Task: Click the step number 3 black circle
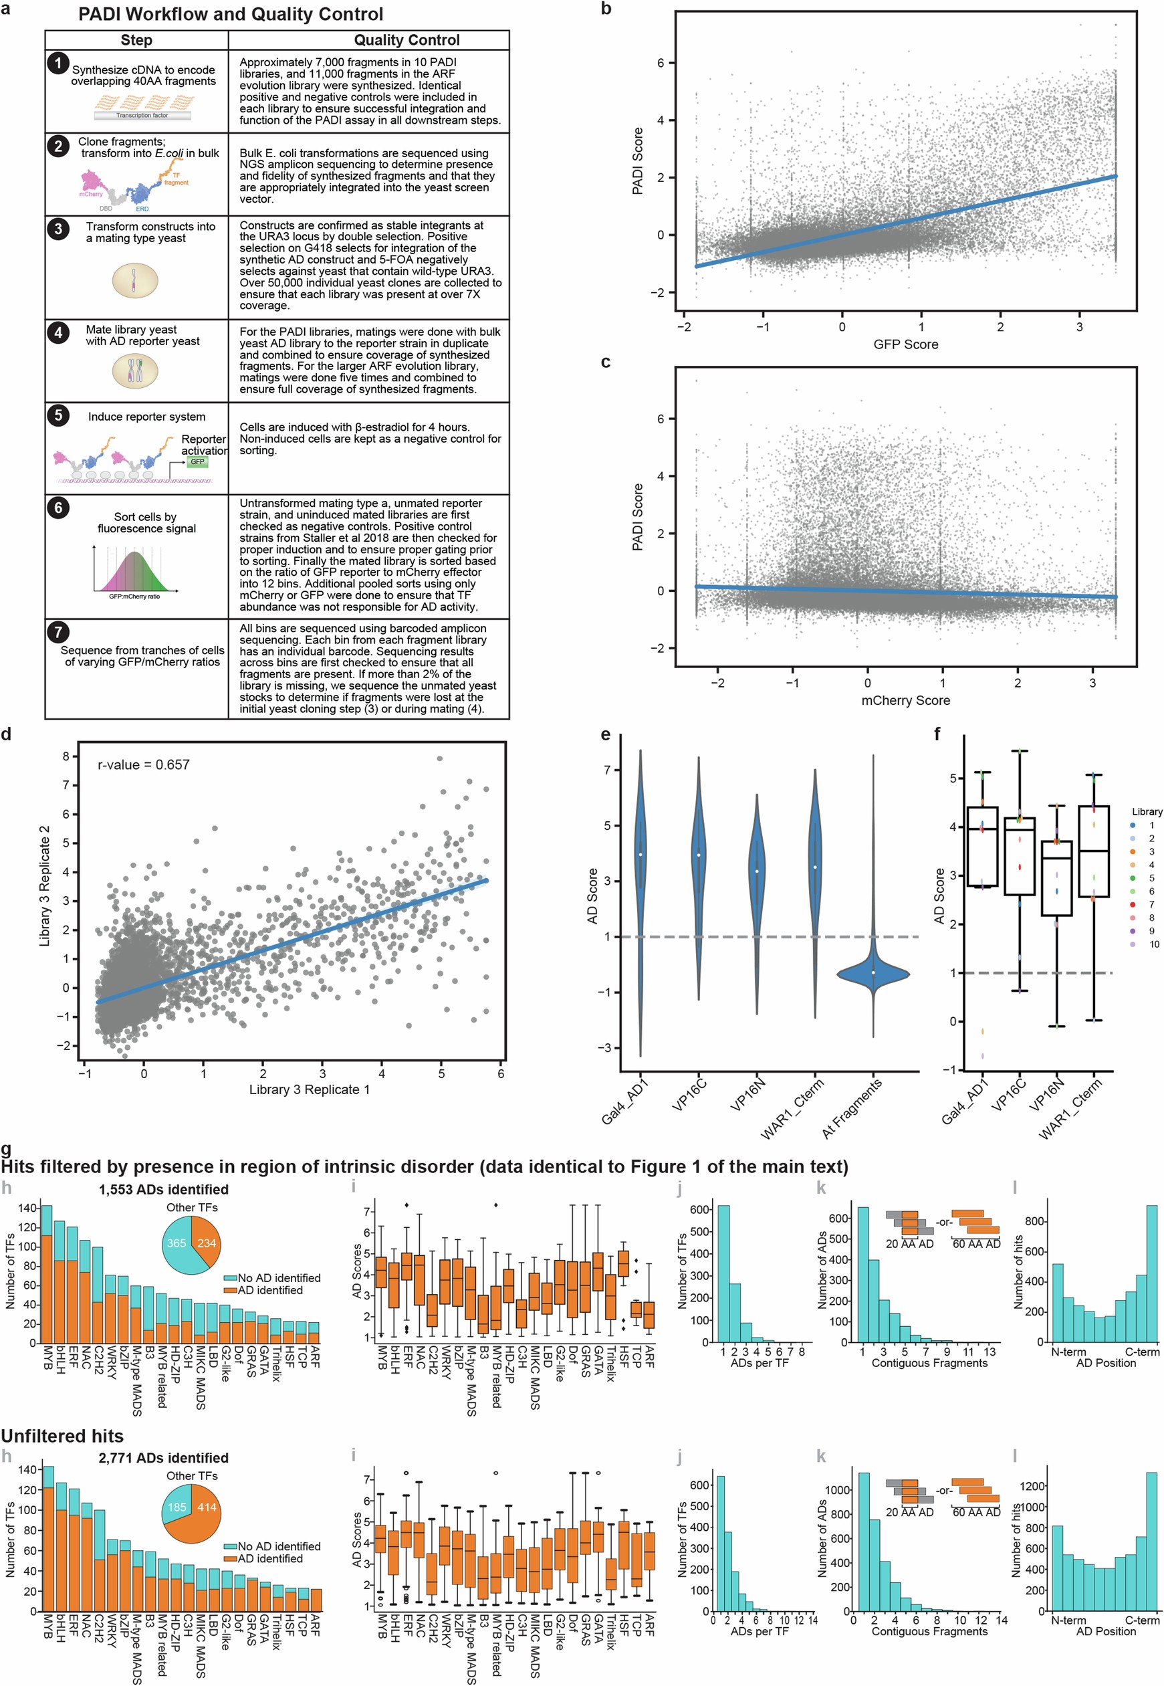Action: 58,228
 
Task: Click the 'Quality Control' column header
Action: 406,40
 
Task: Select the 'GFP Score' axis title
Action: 905,344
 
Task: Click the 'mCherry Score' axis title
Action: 905,700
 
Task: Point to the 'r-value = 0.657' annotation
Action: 143,764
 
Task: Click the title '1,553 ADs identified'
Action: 163,1190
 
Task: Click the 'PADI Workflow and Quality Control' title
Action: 231,14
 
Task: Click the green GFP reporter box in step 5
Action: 198,462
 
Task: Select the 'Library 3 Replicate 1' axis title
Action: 310,1089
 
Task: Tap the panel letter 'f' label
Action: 937,734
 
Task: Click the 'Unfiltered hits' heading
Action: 62,1436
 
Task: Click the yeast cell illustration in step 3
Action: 135,280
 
